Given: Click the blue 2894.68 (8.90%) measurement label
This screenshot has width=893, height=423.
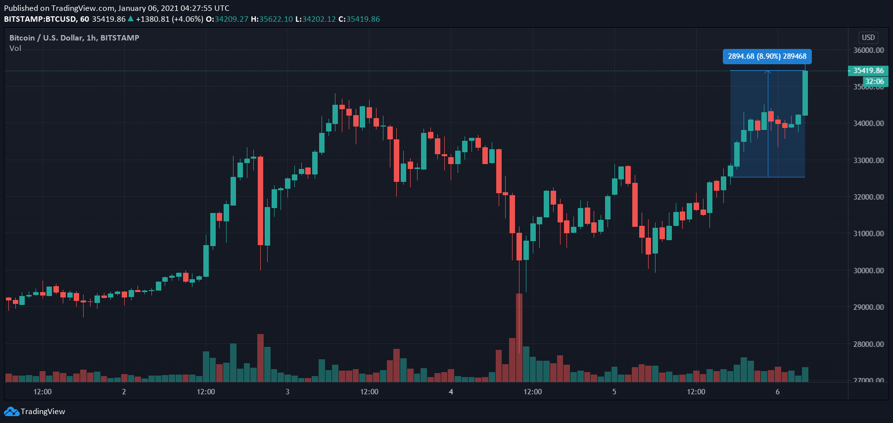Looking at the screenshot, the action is coord(767,56).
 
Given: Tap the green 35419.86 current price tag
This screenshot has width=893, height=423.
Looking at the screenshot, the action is coord(868,71).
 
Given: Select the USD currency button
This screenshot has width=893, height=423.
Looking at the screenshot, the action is coord(868,38).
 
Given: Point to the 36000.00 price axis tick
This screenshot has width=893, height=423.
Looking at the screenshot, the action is coord(868,50).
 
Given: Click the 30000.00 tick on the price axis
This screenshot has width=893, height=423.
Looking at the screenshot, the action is coord(868,270).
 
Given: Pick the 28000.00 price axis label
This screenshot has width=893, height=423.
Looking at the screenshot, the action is coord(868,344).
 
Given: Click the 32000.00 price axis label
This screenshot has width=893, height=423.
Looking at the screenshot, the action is coord(868,197).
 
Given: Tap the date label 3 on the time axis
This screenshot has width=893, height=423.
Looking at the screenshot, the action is coord(287,392).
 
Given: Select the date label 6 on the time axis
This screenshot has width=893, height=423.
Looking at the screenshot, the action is coord(778,392).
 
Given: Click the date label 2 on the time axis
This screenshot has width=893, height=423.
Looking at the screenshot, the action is coord(124,392).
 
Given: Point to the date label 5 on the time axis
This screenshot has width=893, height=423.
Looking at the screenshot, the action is coord(614,392).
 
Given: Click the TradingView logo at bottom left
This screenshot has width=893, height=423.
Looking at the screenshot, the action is coord(35,412).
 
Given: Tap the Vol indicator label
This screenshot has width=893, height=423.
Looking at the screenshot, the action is coord(15,48).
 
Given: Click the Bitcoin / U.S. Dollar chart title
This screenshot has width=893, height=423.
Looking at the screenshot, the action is coord(74,38).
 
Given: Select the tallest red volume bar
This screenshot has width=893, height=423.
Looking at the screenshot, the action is coord(519,338).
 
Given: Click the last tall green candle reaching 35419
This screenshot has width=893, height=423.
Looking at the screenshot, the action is coord(805,93).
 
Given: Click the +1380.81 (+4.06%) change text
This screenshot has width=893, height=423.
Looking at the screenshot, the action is coord(169,19).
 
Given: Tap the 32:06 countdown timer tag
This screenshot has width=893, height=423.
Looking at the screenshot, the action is coord(875,82).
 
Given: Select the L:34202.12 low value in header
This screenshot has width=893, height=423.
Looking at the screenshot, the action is coord(315,19).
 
